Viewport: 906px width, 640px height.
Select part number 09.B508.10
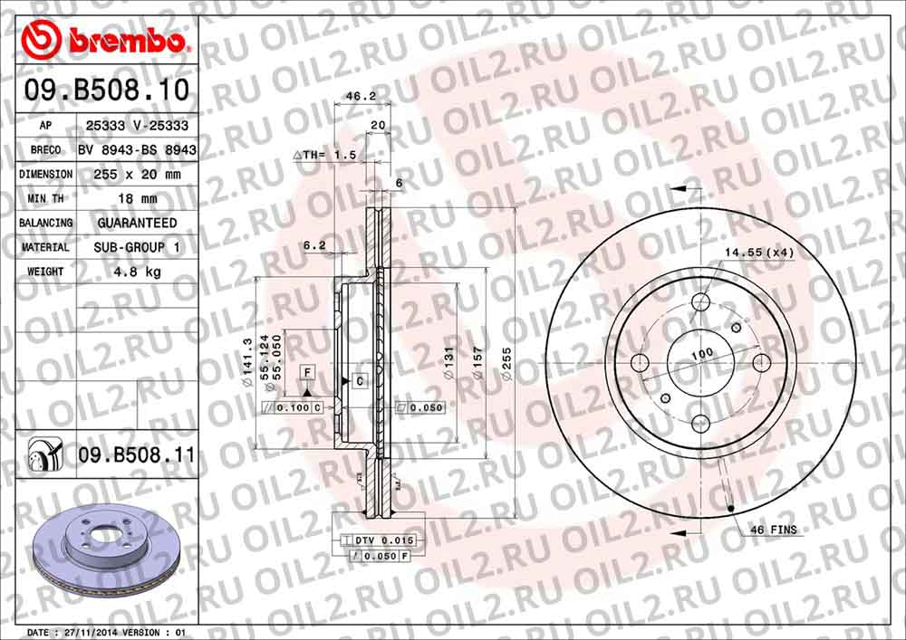[x=107, y=91]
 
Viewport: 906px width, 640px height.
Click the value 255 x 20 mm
[x=137, y=174]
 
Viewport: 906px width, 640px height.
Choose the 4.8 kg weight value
[x=137, y=272]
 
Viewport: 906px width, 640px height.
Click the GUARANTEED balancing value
[x=137, y=223]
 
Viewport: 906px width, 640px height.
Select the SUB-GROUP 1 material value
[x=137, y=247]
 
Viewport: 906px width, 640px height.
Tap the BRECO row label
[x=45, y=149]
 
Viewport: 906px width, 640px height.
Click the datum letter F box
[x=307, y=373]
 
